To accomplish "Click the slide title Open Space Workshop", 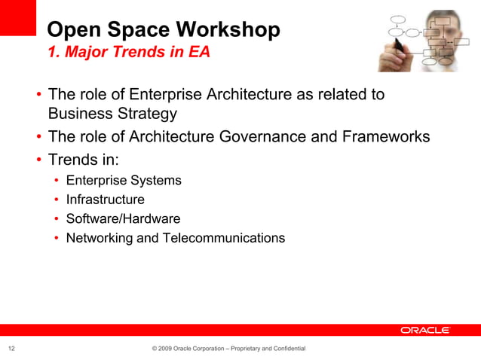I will [163, 29].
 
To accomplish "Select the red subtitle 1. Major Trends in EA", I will [128, 53].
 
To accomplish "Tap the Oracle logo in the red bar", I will [425, 330].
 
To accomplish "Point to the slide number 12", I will [12, 349].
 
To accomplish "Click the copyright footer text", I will [228, 349].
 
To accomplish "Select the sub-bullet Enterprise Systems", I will [124, 181].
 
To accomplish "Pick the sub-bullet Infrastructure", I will [105, 200].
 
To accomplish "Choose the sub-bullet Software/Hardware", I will [123, 219].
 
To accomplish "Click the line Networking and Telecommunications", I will [175, 239].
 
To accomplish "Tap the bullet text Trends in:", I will [83, 160].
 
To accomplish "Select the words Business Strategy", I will [112, 114].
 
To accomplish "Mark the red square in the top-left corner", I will [17, 17].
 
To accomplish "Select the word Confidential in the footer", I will [288, 349].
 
